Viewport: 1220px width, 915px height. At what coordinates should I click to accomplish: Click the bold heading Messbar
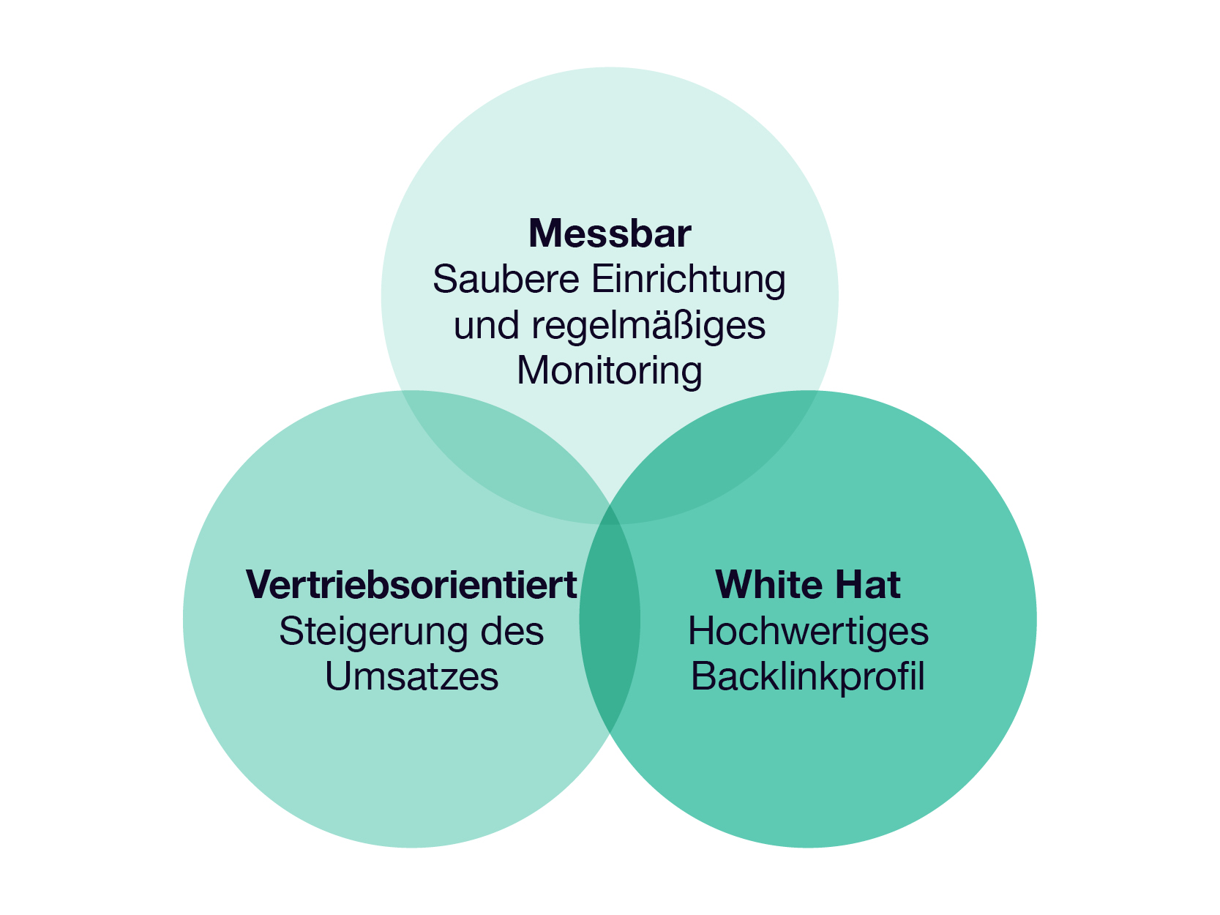click(610, 234)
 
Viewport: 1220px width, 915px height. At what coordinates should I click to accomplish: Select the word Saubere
click(506, 279)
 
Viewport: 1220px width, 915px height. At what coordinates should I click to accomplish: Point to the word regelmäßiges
click(648, 326)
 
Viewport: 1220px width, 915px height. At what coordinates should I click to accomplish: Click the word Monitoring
click(610, 372)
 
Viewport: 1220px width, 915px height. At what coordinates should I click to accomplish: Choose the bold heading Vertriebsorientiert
click(411, 585)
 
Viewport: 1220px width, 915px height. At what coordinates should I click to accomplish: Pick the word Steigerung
click(373, 632)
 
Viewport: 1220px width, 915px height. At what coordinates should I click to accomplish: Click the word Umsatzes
click(412, 676)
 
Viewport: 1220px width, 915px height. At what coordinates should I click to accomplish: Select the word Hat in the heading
click(868, 585)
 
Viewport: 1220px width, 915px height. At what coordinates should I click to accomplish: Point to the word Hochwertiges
click(808, 632)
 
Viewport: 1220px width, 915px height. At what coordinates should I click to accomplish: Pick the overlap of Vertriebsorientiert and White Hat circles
click(610, 619)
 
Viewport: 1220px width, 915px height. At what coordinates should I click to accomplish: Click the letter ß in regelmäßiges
click(688, 325)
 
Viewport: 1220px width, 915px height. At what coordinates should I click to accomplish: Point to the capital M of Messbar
click(547, 234)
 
